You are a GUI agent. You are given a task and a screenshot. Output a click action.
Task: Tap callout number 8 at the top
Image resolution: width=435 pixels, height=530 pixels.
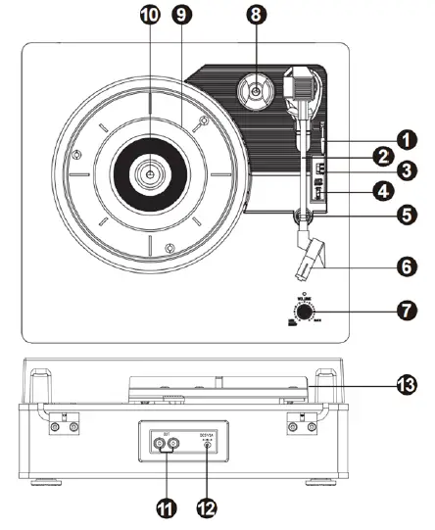point(255,16)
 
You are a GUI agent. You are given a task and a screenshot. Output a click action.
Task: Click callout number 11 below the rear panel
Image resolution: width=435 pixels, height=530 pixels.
point(165,508)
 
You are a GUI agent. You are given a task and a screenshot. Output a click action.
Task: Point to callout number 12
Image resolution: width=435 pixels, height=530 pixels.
point(208,508)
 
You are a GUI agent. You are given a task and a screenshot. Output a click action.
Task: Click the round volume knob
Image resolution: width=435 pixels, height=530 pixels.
point(307,313)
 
